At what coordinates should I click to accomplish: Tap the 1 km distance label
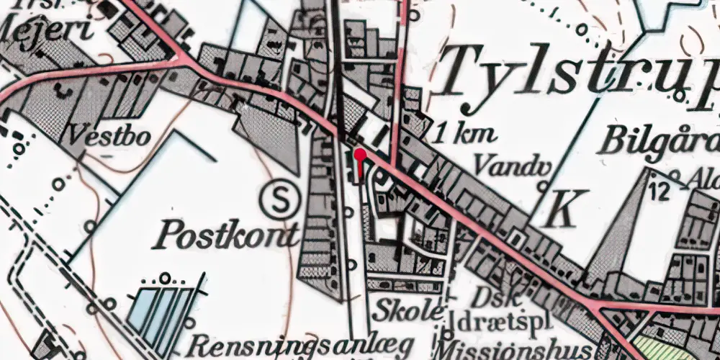pos(466,135)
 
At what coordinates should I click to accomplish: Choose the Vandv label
pos(507,165)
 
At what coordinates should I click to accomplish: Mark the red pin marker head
pos(359,153)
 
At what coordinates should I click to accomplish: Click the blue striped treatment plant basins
pos(162,318)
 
